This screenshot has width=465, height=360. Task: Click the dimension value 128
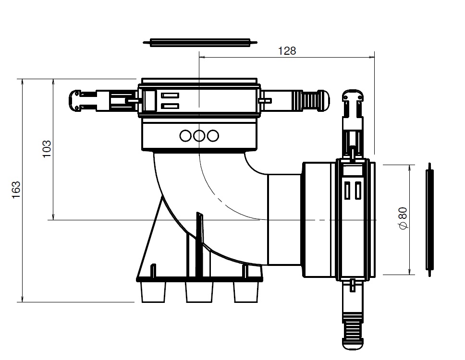tap(287, 50)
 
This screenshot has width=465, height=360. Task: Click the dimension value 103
tap(47, 150)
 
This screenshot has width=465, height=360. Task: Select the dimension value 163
tap(16, 191)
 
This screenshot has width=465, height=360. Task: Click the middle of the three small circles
tap(199, 136)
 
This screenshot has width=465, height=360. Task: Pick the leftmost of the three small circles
tap(186, 136)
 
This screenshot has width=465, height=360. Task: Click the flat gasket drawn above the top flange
tap(199, 43)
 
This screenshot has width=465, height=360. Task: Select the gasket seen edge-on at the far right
tap(429, 219)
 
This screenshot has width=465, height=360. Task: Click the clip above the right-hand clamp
tap(353, 102)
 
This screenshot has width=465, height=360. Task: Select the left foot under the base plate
tap(154, 291)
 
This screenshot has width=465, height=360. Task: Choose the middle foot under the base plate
tap(199, 291)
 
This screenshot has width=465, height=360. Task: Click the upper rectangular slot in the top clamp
tap(171, 95)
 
